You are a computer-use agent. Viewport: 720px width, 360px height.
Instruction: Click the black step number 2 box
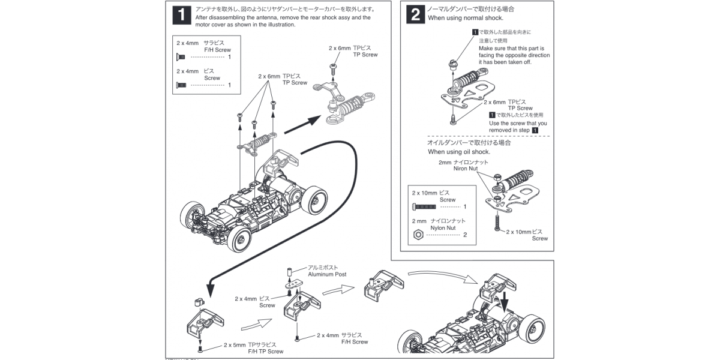coord(415,14)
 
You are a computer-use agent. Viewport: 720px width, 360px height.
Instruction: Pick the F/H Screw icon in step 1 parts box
coord(179,57)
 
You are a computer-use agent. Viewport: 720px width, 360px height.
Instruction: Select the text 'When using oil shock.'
coord(459,152)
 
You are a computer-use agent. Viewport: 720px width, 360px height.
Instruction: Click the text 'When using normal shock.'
coord(465,18)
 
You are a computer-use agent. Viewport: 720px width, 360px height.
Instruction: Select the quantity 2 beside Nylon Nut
coord(465,235)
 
